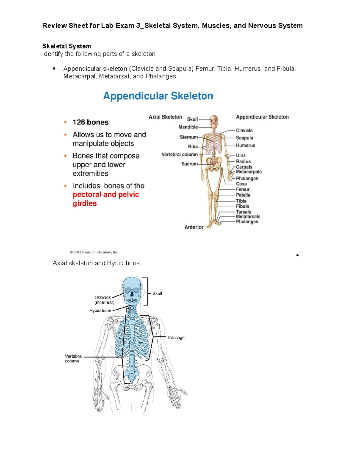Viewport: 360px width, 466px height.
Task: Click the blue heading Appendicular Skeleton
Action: click(158, 96)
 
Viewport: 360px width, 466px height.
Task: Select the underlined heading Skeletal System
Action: click(67, 46)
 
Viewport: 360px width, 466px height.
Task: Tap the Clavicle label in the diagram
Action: click(244, 131)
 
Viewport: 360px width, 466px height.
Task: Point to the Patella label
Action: click(243, 195)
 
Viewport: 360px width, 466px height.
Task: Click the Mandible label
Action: click(188, 127)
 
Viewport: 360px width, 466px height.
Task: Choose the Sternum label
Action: click(189, 137)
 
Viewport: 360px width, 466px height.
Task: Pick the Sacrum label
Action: click(189, 164)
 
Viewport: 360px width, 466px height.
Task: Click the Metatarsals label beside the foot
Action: click(248, 217)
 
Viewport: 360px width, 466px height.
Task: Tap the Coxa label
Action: click(241, 184)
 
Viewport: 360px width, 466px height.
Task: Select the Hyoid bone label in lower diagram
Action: click(100, 311)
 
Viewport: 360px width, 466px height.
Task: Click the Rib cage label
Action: click(176, 338)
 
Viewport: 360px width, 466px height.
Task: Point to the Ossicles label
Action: click(103, 298)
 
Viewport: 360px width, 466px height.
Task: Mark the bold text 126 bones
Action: click(90, 122)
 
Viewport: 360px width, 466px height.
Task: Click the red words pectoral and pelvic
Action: click(106, 195)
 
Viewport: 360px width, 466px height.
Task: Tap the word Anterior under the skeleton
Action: click(194, 227)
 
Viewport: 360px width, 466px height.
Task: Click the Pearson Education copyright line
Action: click(94, 252)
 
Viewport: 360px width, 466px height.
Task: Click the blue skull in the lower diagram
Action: click(132, 290)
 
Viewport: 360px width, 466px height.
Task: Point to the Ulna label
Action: click(241, 155)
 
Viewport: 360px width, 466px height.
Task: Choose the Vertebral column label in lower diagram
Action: click(73, 359)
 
